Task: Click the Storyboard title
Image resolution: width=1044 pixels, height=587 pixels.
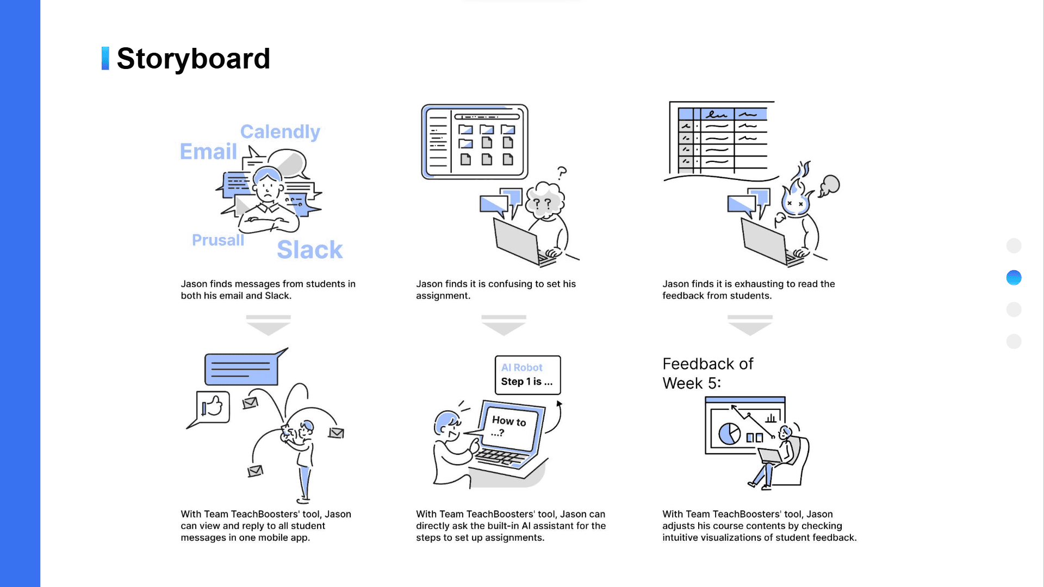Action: [x=193, y=59]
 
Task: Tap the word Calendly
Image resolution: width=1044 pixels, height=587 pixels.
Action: [x=280, y=132]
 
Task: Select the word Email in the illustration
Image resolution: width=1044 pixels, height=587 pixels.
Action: [x=208, y=152]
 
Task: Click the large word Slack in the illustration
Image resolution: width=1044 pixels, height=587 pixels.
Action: [x=309, y=250]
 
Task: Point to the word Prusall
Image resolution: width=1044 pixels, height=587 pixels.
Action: [x=217, y=240]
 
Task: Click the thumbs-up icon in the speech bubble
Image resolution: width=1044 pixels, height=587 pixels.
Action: [x=213, y=407]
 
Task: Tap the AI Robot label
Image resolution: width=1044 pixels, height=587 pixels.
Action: [x=521, y=367]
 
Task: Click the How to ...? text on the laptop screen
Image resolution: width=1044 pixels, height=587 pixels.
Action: [x=508, y=425]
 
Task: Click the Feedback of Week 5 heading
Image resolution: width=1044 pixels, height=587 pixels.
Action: [x=707, y=373]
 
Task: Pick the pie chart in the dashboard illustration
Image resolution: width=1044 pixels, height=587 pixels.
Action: [x=729, y=434]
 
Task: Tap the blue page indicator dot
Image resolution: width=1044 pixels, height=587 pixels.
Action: [x=1014, y=278]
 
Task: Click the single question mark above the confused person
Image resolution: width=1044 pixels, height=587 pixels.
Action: [x=562, y=173]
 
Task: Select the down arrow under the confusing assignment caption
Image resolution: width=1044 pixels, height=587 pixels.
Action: [x=504, y=325]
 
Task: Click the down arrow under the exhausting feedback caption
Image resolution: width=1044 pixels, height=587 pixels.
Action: [x=749, y=325]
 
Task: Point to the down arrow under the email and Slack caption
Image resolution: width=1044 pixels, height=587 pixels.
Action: [x=268, y=325]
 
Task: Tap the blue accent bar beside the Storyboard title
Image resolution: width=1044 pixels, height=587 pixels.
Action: [x=105, y=58]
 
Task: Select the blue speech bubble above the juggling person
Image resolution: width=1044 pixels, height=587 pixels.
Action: [x=241, y=369]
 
